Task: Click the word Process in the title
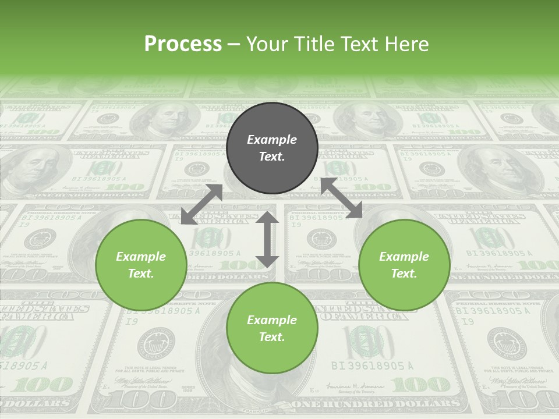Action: pyautogui.click(x=183, y=44)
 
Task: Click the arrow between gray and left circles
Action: pyautogui.click(x=201, y=204)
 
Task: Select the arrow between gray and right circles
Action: pyautogui.click(x=342, y=198)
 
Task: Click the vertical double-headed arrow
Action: pyautogui.click(x=267, y=239)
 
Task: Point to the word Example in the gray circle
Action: pyautogui.click(x=272, y=140)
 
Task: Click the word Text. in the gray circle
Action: pyautogui.click(x=272, y=157)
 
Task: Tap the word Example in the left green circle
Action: pyautogui.click(x=141, y=257)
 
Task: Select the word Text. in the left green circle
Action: pyautogui.click(x=141, y=274)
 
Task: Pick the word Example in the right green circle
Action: pyautogui.click(x=404, y=257)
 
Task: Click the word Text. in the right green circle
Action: pyautogui.click(x=404, y=274)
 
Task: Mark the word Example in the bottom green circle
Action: pyautogui.click(x=272, y=320)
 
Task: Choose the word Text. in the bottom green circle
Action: pyautogui.click(x=272, y=337)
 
